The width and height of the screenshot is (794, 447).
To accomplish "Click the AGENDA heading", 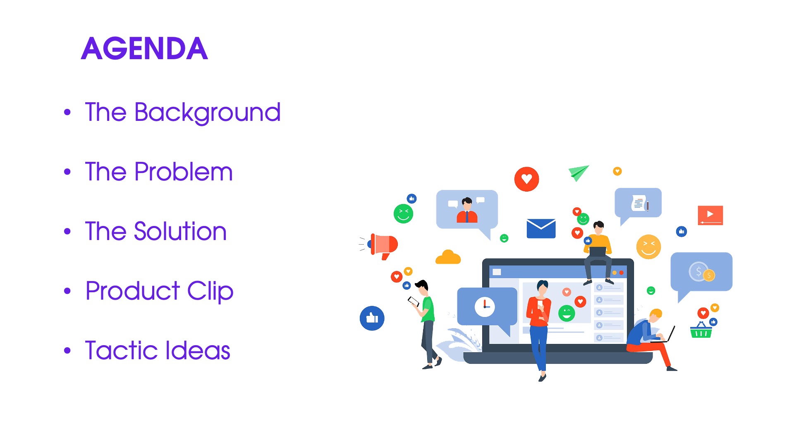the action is pos(144,48).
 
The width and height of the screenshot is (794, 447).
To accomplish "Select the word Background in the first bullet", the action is pos(208,113).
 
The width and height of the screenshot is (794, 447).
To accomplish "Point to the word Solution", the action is pos(180,231).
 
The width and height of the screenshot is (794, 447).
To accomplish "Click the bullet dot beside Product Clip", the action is pos(67,291).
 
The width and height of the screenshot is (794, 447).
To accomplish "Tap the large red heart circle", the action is pos(526,179).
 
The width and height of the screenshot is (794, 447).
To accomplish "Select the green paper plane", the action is pos(578,173).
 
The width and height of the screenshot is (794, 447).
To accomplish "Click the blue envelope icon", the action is pos(541,228).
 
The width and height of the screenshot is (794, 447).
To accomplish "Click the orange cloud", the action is pos(448,257).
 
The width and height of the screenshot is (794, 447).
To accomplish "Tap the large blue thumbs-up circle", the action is pos(372,318).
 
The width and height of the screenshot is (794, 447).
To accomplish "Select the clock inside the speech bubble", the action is pos(485,307).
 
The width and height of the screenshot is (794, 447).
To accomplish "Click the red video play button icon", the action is pos(710,215).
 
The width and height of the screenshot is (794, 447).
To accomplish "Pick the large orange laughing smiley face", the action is pos(648,247).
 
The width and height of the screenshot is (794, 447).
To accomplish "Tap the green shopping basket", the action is pos(701,330).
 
